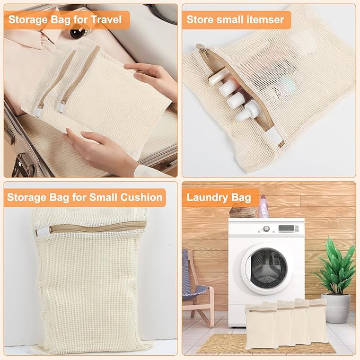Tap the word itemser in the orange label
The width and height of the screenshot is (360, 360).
(264, 21)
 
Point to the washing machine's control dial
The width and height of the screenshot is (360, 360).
(267, 229)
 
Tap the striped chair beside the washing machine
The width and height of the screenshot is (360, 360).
(194, 286)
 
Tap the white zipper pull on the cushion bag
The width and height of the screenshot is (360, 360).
(43, 232)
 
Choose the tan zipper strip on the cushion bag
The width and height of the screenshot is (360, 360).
(95, 227)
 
